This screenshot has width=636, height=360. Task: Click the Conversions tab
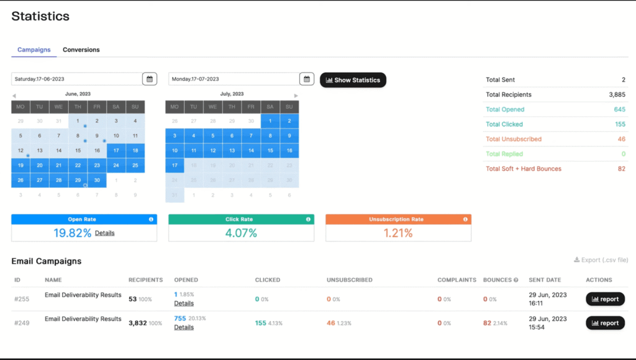(81, 50)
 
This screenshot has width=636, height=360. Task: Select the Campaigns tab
(34, 50)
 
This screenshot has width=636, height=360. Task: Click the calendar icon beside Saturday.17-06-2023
(149, 79)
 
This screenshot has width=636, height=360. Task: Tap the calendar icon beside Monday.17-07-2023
(306, 79)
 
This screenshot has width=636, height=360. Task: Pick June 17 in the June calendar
(116, 150)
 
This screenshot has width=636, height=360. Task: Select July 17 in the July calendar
(175, 166)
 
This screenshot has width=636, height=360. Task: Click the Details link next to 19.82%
(104, 233)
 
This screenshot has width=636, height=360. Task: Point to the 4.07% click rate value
(241, 233)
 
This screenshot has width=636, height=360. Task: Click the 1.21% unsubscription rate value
(398, 233)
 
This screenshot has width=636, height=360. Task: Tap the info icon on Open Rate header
(151, 219)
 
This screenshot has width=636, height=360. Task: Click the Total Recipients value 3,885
(617, 95)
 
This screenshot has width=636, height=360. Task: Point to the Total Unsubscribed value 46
(622, 139)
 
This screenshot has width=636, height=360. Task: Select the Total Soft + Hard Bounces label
(523, 169)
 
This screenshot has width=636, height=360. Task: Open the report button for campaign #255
(605, 299)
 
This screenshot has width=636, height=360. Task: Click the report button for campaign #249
(605, 323)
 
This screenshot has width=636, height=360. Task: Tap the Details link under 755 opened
(184, 327)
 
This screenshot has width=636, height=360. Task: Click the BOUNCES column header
(497, 280)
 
